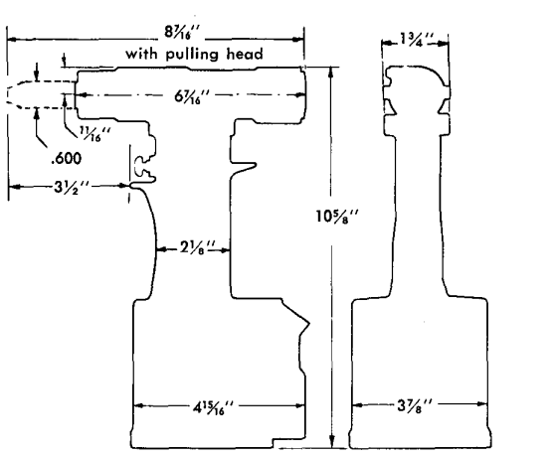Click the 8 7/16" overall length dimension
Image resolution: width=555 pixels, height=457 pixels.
coord(182,33)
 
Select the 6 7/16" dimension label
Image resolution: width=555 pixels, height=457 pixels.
coord(192,95)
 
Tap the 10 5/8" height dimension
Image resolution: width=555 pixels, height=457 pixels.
coord(337,216)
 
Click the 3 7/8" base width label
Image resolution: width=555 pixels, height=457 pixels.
coord(415,405)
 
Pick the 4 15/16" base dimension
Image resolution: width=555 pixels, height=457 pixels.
coord(214,407)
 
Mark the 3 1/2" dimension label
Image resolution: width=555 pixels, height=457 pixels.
coord(72,187)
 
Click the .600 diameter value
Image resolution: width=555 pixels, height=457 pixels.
coord(67,158)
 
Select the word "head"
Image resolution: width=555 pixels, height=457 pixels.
coord(245,54)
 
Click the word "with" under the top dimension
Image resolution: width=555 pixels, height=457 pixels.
coord(141,54)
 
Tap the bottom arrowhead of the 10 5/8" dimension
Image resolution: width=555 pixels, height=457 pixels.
coord(331,441)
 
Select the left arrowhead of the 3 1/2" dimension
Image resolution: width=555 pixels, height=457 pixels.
coord(15,186)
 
